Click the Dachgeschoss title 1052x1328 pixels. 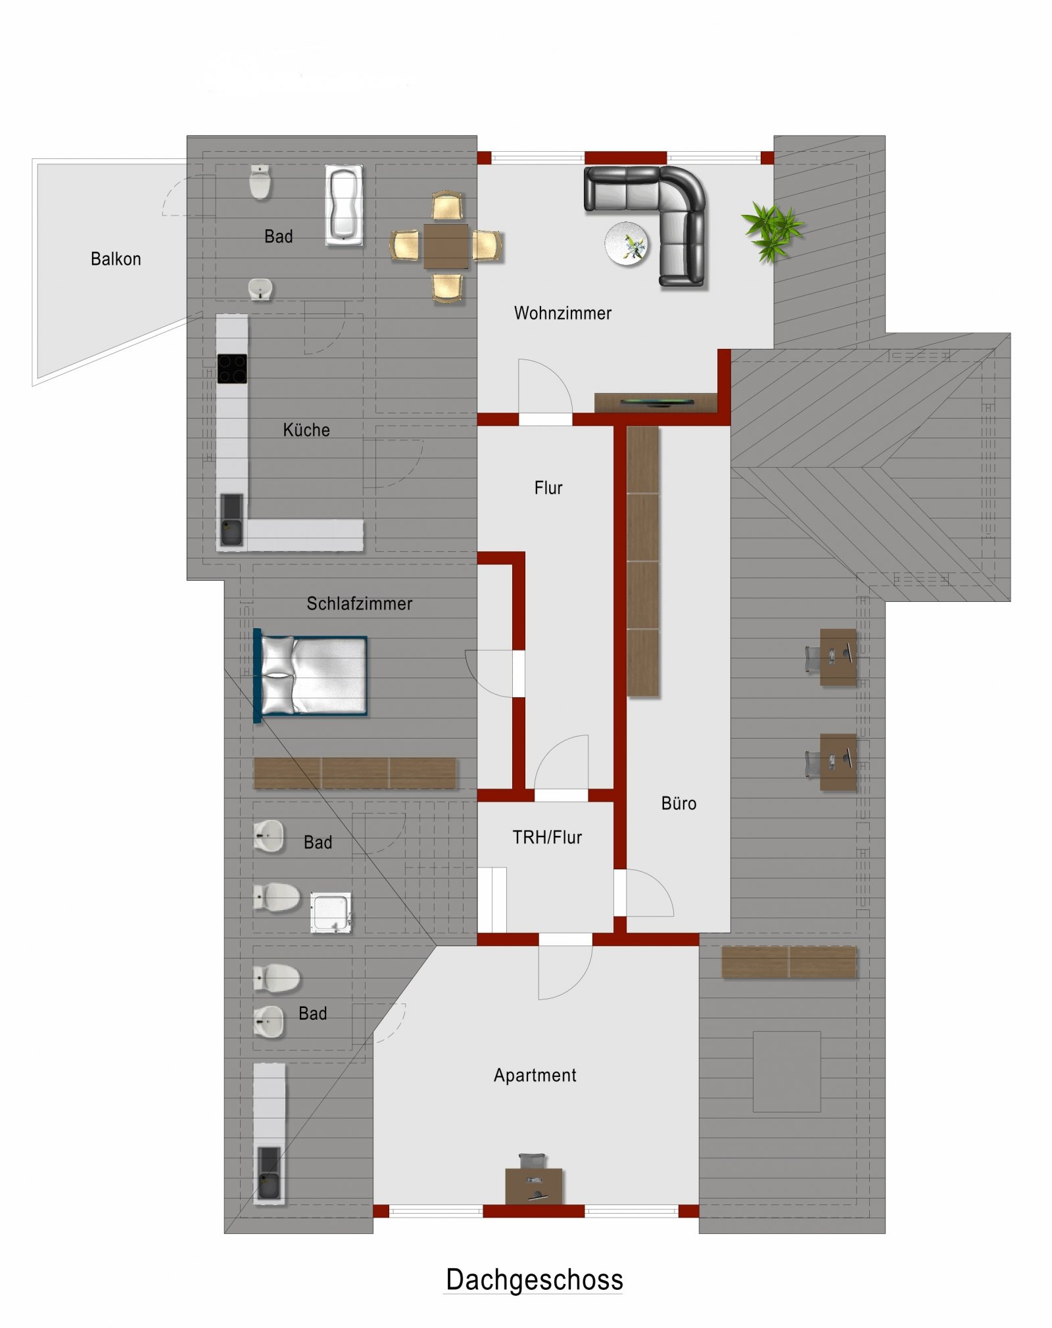point(534,1279)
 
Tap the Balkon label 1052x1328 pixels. point(116,259)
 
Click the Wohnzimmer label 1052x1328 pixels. point(562,313)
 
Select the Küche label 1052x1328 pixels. point(306,430)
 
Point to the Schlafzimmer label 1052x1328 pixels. point(359,603)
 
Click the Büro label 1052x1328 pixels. point(679,803)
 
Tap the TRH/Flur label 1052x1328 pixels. point(547,837)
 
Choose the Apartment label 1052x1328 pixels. point(535,1075)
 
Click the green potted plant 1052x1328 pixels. point(772,231)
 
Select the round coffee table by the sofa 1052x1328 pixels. point(627,244)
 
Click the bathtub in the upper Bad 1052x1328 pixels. point(344,204)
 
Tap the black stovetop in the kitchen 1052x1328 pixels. point(232,368)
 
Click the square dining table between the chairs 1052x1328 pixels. point(446,246)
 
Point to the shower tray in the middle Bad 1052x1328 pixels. point(331,912)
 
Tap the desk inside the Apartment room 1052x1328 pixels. point(533,1185)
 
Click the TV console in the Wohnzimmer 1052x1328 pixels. point(656,402)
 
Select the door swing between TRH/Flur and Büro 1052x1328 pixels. point(648,894)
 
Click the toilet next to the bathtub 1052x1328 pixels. point(260,182)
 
